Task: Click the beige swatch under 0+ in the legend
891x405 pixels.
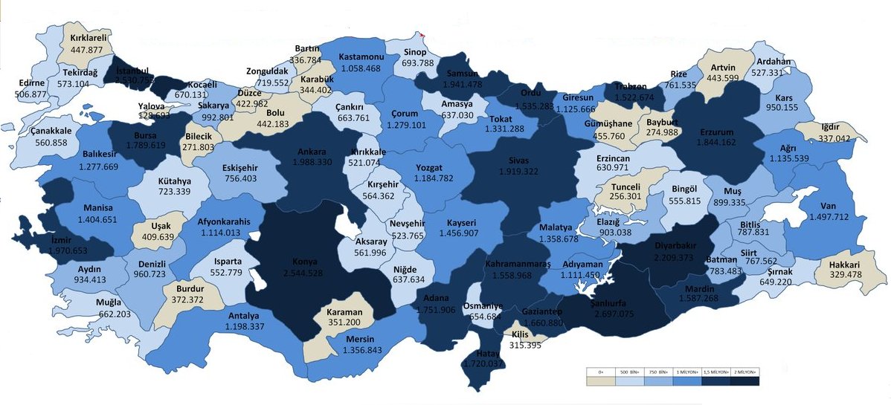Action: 600,380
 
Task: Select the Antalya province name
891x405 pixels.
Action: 242,314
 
